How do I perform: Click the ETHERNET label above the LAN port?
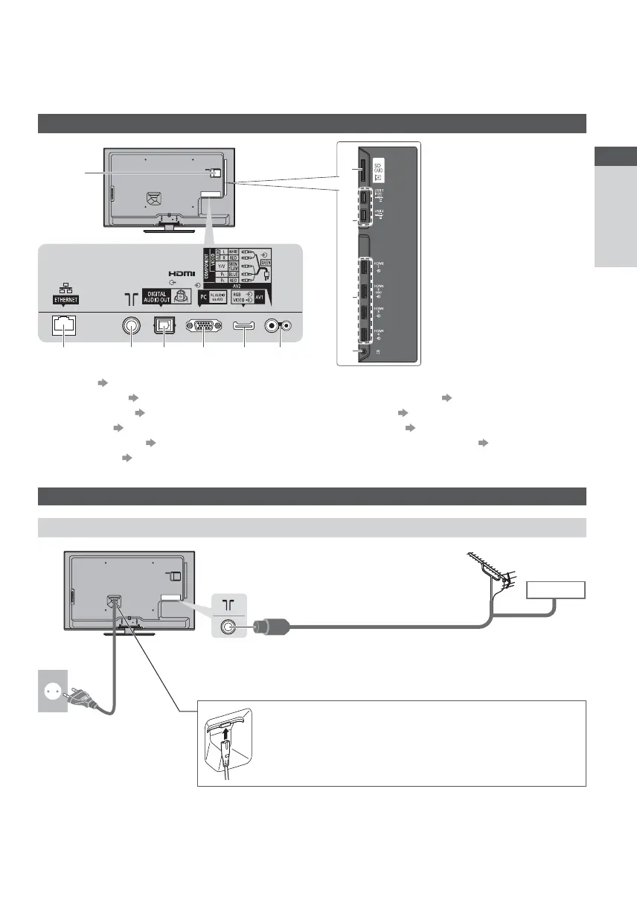tap(63, 301)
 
